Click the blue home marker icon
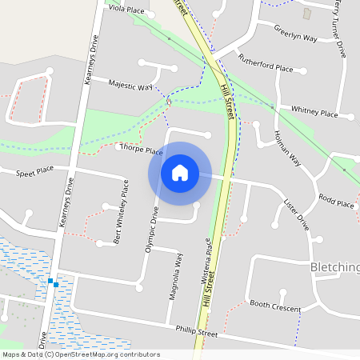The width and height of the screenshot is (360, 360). pos(180,172)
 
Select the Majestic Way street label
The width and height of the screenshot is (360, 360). pos(130,85)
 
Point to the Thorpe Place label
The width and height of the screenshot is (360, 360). pos(142,150)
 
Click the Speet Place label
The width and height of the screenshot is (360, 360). pos(34,170)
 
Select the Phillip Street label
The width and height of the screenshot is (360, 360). pos(197,331)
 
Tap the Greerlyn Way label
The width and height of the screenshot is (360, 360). pos(295,33)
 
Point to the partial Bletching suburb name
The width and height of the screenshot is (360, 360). pos(334,266)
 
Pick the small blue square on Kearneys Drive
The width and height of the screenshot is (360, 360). pos(50,282)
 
